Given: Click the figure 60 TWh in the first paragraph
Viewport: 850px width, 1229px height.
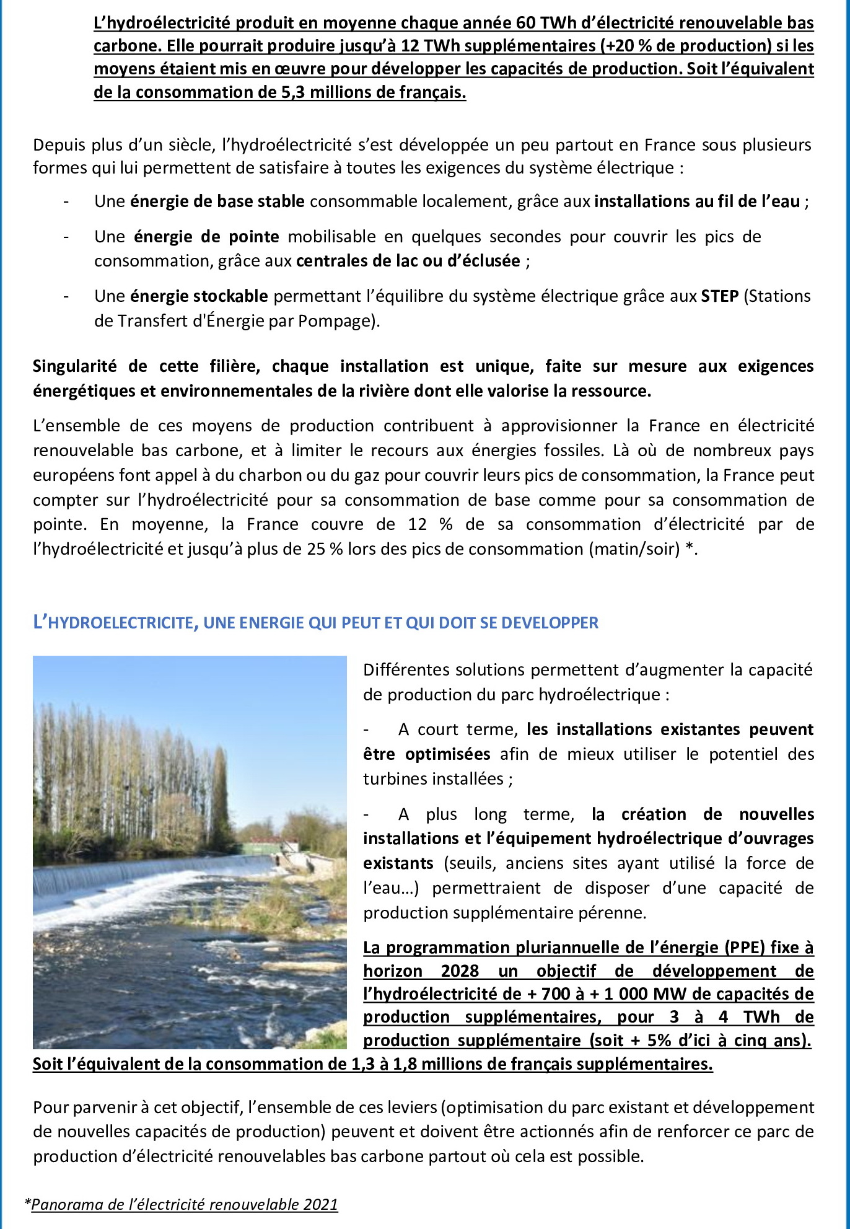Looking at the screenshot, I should click(543, 23).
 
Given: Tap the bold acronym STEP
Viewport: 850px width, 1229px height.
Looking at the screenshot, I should click(720, 296).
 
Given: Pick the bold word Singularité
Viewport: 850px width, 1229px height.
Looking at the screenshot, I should click(74, 366).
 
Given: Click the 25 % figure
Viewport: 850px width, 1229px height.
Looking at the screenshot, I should click(325, 549).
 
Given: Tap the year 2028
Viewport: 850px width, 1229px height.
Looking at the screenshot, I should click(460, 971).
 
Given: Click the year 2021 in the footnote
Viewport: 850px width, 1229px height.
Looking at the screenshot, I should click(320, 1204).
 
